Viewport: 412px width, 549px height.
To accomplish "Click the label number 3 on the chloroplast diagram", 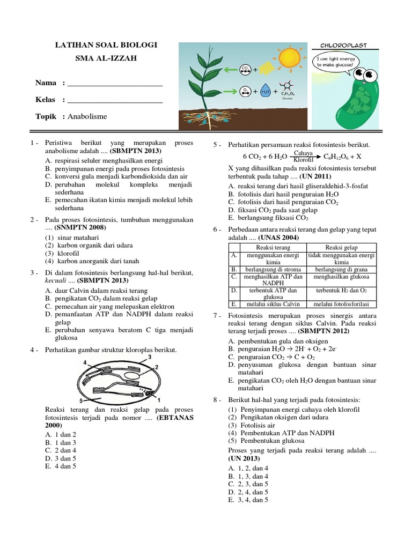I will (x=150, y=357).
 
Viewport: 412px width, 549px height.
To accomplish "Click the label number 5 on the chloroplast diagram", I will (x=80, y=400).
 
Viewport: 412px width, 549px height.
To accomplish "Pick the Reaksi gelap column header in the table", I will (x=341, y=247).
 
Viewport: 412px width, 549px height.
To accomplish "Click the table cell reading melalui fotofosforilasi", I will (x=341, y=303).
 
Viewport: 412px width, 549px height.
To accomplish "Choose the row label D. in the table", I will (x=234, y=290).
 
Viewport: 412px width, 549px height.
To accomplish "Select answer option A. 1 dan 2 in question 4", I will (x=61, y=434).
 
